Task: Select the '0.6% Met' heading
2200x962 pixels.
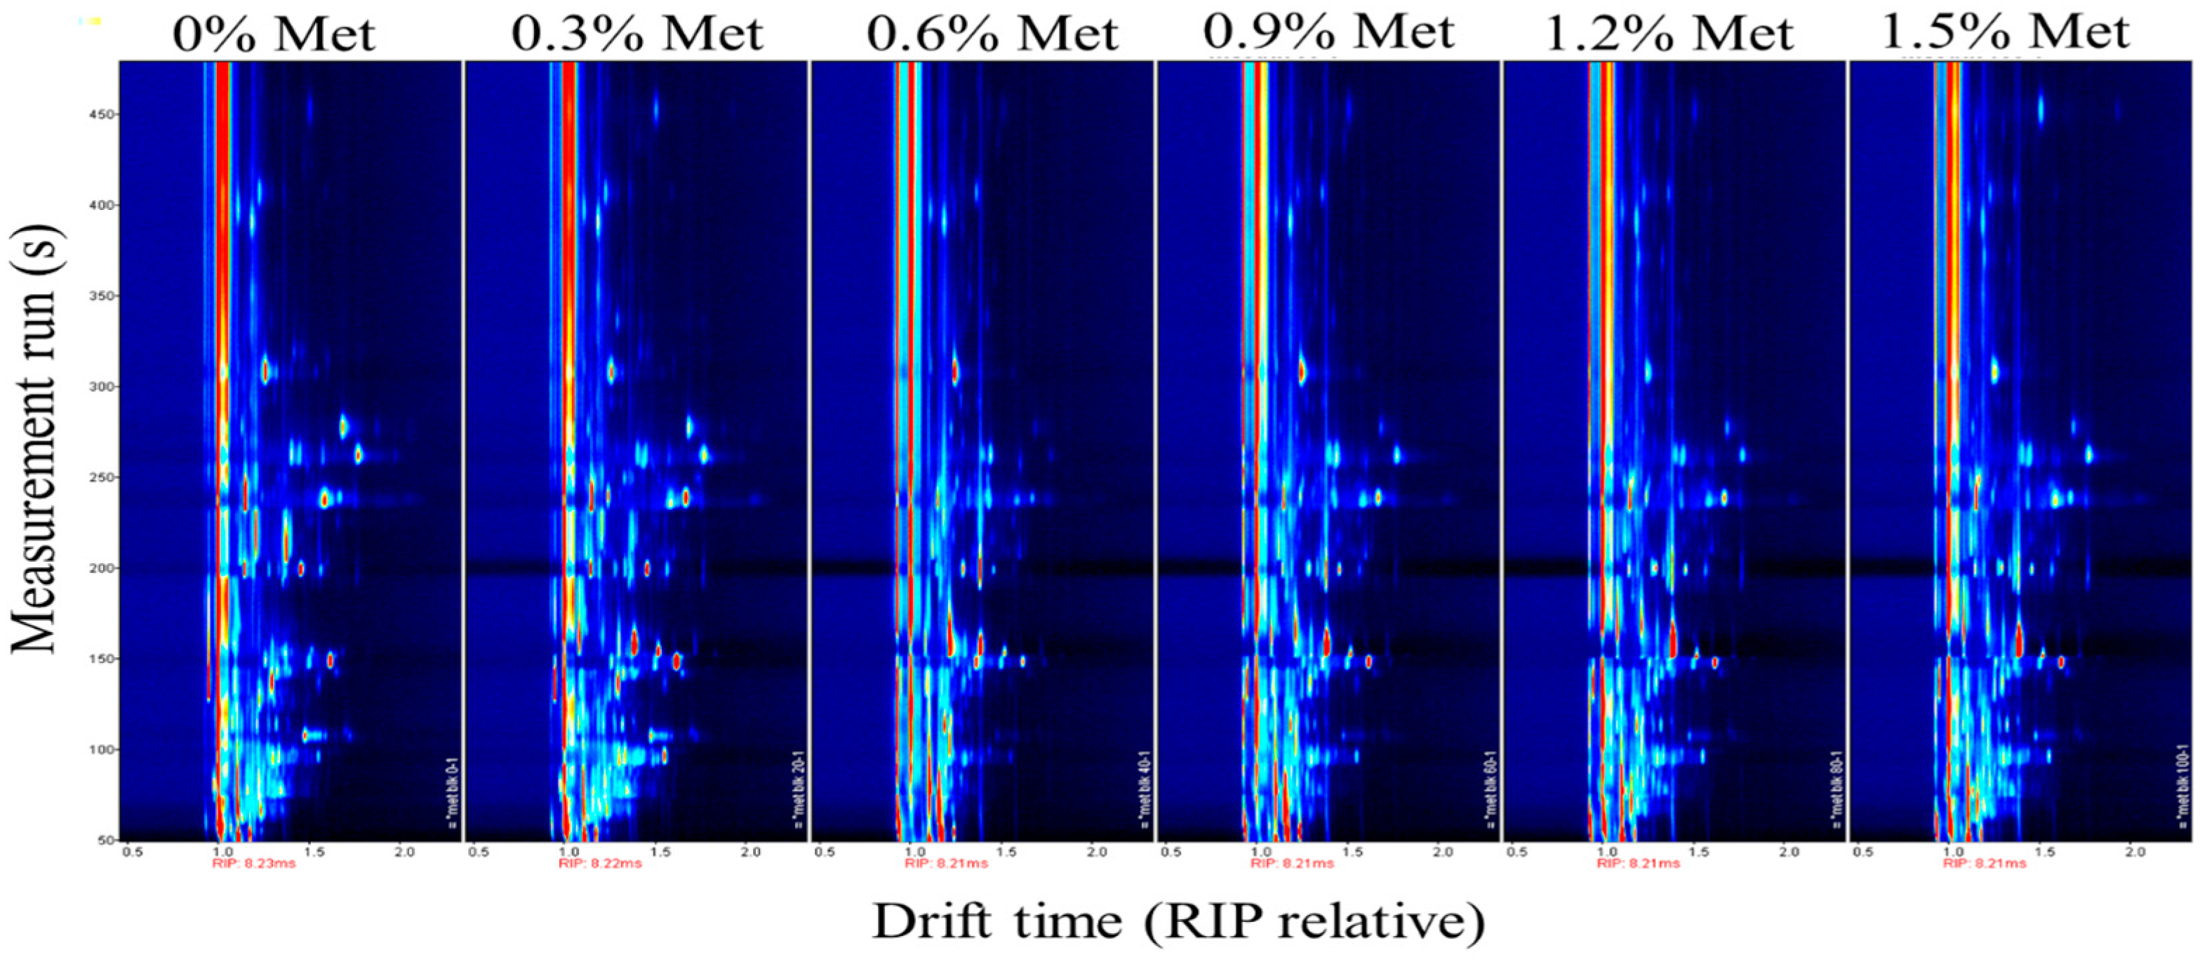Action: (992, 34)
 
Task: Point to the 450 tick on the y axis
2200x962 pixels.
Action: (102, 114)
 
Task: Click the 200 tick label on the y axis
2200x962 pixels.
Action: (102, 568)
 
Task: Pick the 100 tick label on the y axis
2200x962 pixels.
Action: (102, 749)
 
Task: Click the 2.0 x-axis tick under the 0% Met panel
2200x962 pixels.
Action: (404, 852)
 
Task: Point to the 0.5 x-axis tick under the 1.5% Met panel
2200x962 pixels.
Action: (1864, 852)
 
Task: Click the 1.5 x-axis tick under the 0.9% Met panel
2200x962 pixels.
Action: (1352, 852)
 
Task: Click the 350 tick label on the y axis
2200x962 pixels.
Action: (102, 296)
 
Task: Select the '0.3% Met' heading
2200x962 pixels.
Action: (637, 34)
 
